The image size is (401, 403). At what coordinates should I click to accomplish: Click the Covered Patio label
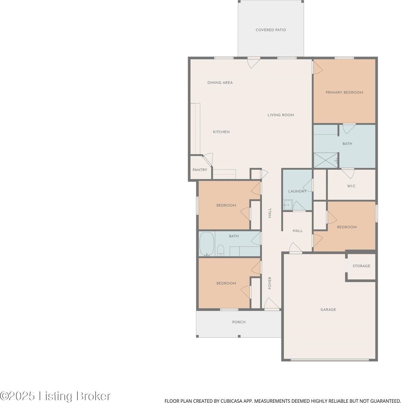tap(271, 30)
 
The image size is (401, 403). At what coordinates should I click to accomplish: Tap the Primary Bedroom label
tap(344, 92)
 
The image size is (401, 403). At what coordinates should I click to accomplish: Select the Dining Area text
tap(220, 83)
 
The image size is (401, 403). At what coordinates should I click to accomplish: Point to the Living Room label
tap(280, 115)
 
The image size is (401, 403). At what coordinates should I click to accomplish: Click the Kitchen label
tap(221, 132)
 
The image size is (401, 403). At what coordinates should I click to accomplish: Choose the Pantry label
tap(200, 170)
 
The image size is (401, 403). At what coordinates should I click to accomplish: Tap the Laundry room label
tap(297, 191)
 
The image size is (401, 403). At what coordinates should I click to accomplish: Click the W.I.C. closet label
tap(351, 186)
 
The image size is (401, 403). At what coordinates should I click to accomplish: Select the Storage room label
tap(361, 266)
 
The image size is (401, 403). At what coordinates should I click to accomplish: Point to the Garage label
tap(328, 310)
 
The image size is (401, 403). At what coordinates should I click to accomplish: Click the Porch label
tap(239, 322)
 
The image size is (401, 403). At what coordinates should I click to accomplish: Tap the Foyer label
tap(270, 283)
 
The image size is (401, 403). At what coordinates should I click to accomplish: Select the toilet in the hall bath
tap(221, 250)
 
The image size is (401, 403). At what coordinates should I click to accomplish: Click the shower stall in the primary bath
tap(325, 160)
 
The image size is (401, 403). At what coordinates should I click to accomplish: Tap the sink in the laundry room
tap(287, 205)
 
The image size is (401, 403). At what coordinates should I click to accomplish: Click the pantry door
tap(208, 159)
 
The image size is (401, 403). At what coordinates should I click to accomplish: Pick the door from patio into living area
tap(253, 62)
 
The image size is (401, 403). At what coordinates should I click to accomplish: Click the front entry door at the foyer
tap(272, 305)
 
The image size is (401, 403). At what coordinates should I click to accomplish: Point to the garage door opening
tap(329, 360)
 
